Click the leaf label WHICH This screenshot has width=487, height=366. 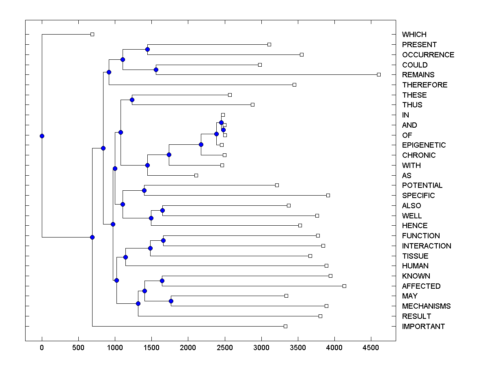414,35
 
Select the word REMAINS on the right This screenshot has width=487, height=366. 418,75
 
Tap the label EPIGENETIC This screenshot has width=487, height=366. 424,145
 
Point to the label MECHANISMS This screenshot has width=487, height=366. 426,306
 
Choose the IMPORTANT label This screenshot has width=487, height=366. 423,327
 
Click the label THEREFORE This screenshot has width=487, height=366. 425,85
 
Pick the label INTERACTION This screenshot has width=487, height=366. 427,246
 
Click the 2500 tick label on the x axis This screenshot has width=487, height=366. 225,348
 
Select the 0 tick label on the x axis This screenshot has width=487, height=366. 42,348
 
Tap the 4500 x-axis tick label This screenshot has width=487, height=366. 371,348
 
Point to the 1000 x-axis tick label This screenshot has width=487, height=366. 115,348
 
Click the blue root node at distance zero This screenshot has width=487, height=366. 42,136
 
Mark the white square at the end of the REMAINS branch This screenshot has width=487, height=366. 379,74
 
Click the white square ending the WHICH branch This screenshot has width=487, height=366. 92,34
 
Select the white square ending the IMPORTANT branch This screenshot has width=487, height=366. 285,326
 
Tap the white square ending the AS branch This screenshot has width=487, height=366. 196,175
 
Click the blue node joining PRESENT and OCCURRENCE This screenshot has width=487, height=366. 147,49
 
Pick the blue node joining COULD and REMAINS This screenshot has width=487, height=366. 156,70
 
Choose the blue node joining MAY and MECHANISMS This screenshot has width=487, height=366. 171,301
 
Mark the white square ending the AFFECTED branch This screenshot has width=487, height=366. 344,286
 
